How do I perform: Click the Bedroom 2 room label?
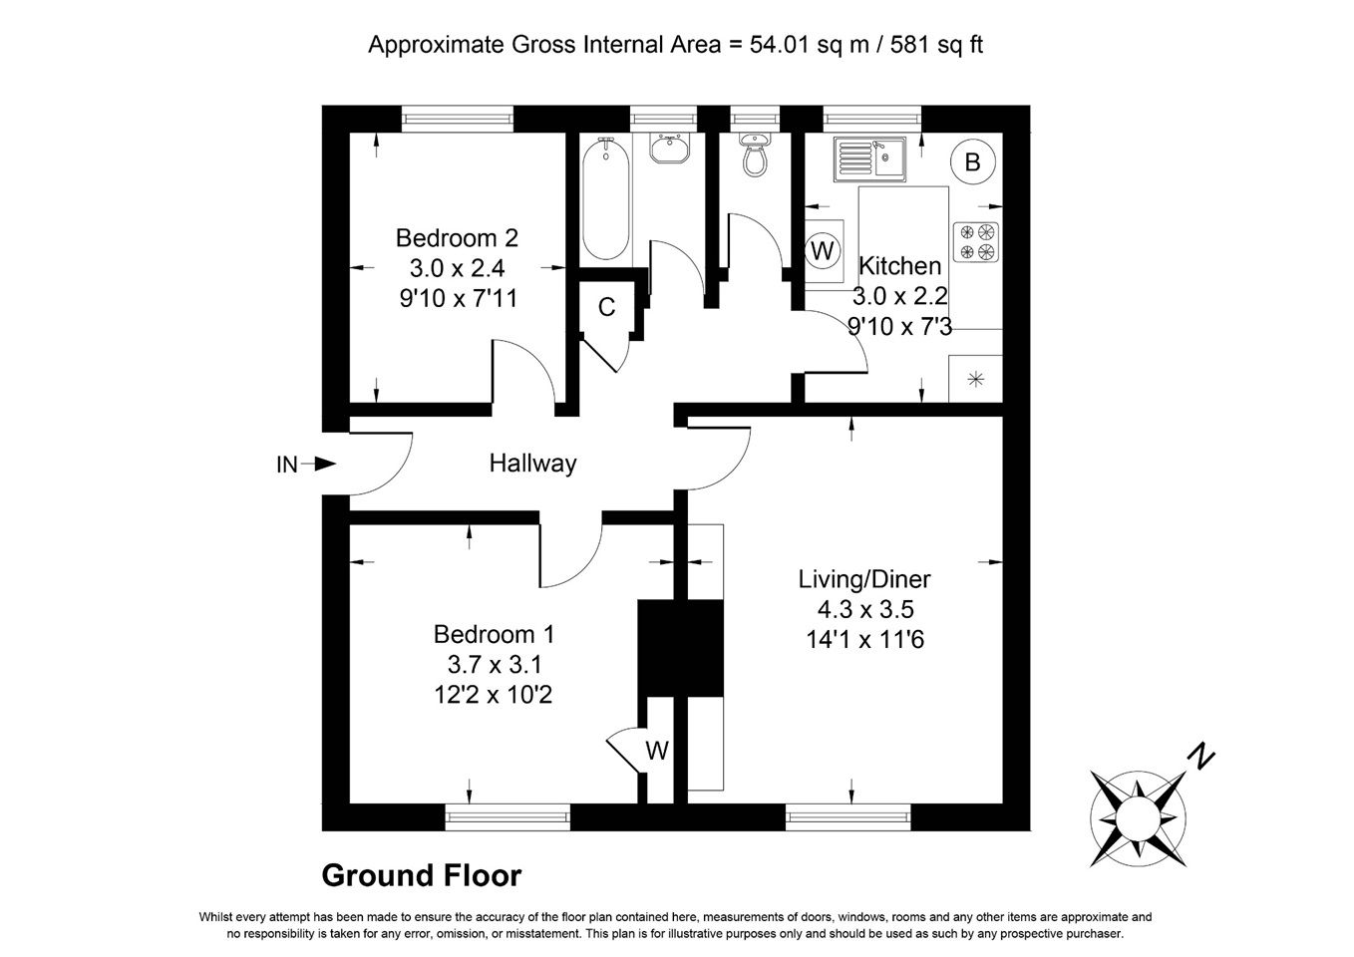click(x=457, y=238)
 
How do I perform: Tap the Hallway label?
click(x=532, y=464)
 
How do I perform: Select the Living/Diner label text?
click(x=864, y=579)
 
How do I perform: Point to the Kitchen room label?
click(x=900, y=266)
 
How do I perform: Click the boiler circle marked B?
click(x=972, y=161)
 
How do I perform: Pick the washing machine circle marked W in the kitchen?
click(x=822, y=250)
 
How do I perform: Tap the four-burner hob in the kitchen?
click(x=976, y=242)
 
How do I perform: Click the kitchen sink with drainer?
click(x=869, y=159)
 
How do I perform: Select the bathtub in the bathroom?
click(x=605, y=198)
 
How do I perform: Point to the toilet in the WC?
click(x=755, y=155)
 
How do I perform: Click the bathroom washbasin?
click(x=669, y=149)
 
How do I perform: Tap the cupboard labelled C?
click(x=606, y=307)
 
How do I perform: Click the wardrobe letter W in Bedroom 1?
click(x=657, y=751)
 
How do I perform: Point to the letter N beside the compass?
click(x=1201, y=758)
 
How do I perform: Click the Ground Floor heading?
click(x=422, y=875)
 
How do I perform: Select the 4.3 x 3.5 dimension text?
click(x=865, y=609)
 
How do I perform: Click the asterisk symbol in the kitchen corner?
click(x=976, y=380)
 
